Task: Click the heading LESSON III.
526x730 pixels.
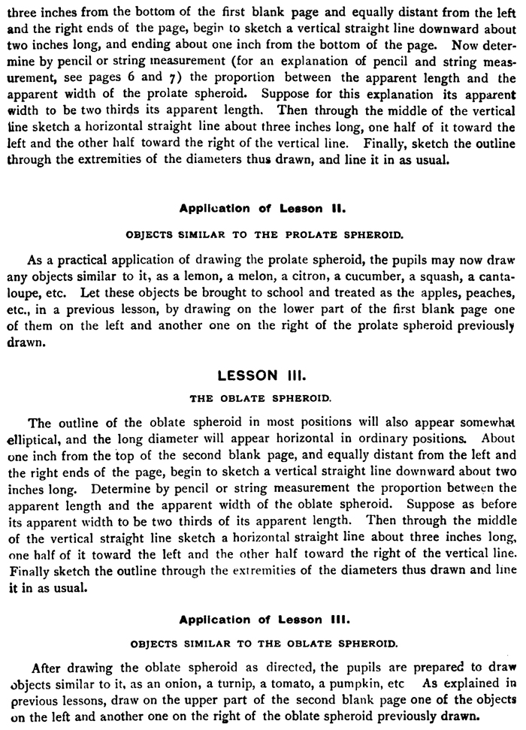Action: point(259,373)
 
